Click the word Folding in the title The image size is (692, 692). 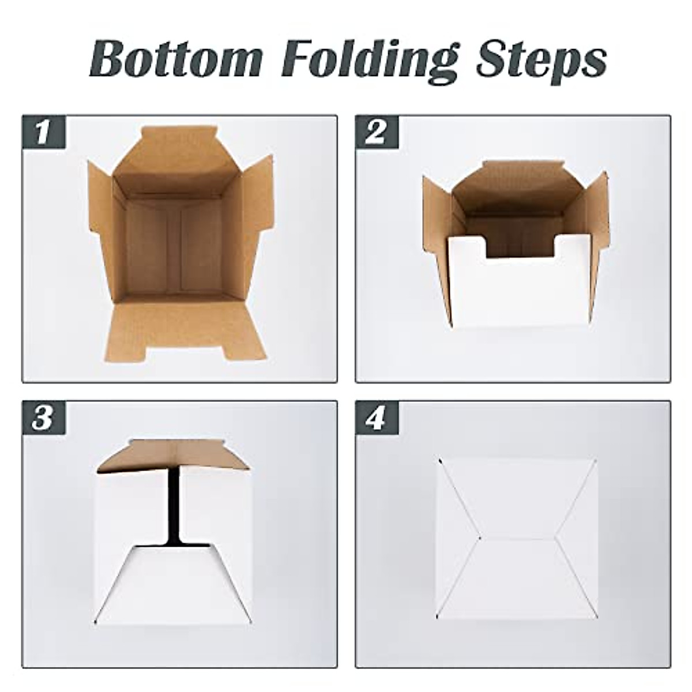click(369, 59)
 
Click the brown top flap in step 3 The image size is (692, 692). click(173, 456)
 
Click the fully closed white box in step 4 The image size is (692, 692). click(516, 539)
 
